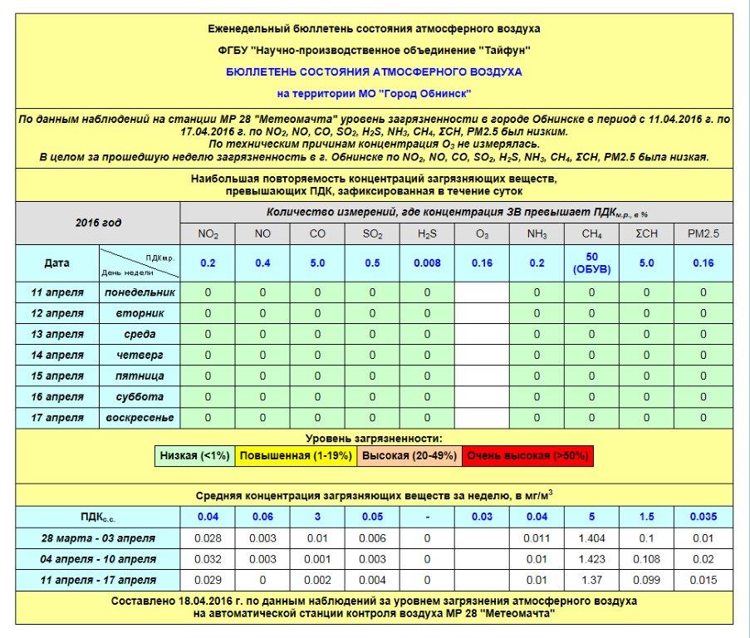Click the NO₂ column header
point(208,234)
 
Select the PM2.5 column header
point(703,234)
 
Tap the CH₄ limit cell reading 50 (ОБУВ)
point(591,263)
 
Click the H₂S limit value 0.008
point(427,263)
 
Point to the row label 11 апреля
point(57,292)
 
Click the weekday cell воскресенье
point(140,418)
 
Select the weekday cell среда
point(140,334)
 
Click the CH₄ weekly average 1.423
point(591,559)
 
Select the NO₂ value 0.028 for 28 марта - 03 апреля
point(208,537)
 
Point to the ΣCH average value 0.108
point(647,559)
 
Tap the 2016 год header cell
point(98,223)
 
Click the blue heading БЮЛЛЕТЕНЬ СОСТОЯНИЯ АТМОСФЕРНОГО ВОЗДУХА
point(374,72)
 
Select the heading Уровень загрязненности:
point(374,438)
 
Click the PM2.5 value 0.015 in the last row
point(703,580)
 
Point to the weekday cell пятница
point(140,376)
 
